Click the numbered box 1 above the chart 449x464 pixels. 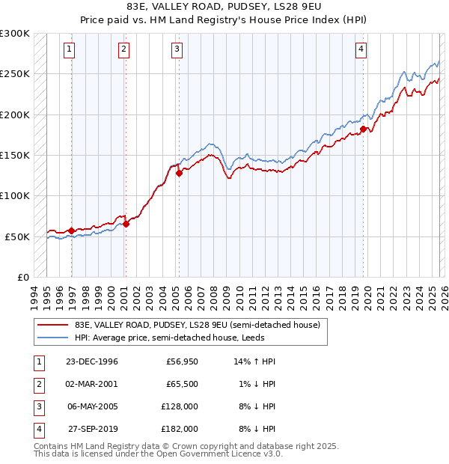[x=69, y=50]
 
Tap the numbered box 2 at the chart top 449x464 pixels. [x=123, y=50]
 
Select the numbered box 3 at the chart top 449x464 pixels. [x=177, y=50]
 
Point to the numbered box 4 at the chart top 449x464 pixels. [x=361, y=50]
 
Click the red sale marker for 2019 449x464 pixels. [x=363, y=129]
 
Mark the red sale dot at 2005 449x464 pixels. [x=179, y=174]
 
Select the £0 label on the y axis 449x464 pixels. [x=22, y=277]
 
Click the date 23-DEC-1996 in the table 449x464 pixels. [x=92, y=361]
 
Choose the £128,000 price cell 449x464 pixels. [x=180, y=407]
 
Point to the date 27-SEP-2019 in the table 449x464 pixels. [x=92, y=430]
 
